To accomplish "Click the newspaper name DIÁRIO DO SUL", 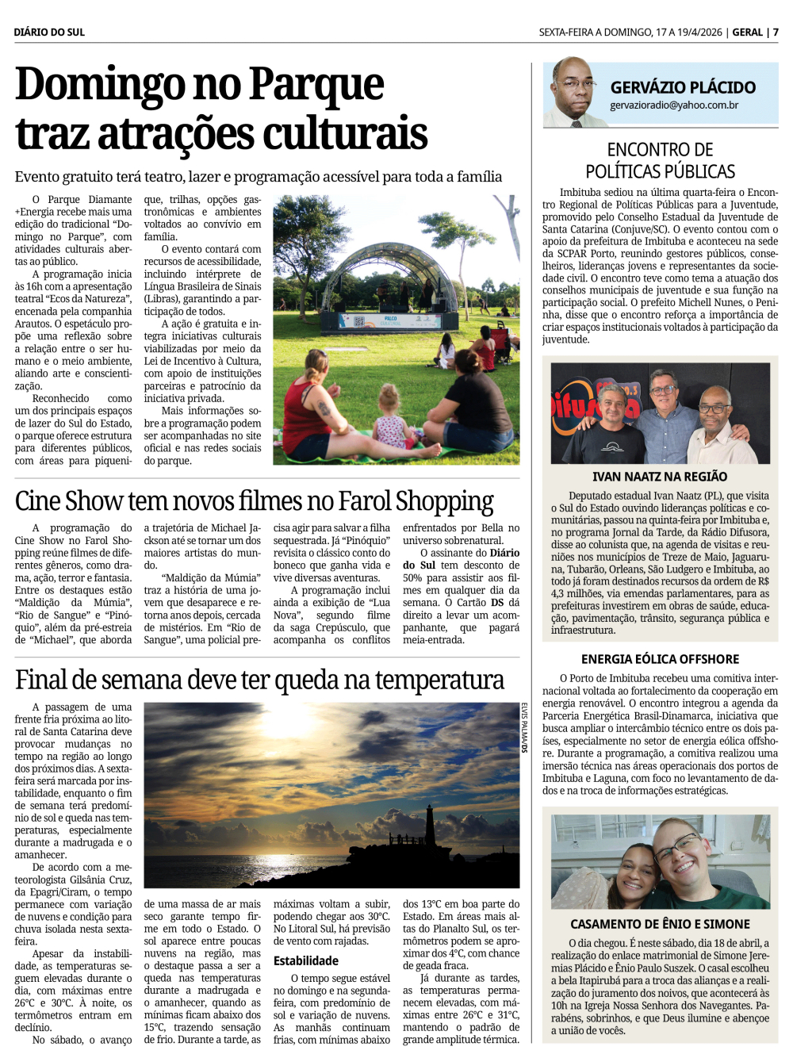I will pos(49,33).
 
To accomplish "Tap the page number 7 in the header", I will pos(776,33).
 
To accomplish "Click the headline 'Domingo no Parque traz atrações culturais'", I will pos(221,109).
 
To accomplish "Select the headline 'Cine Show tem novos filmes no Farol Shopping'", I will pos(254,501).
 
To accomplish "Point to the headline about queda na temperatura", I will pos(259,680).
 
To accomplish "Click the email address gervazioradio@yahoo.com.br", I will pos(674,105).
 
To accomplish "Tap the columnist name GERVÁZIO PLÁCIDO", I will pos(683,87).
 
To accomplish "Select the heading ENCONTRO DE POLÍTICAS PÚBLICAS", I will pos(660,160).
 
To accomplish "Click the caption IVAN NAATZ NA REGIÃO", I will pos(660,477).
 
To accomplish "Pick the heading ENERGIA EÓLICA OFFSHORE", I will pos(660,659).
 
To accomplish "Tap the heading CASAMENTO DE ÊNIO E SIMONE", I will pos(660,924).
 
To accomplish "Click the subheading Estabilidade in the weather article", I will pos(306,961).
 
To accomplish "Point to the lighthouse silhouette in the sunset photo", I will pos(430,829).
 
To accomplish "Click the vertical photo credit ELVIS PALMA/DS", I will pos(524,727).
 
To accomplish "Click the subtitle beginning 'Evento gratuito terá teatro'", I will pos(259,177).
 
